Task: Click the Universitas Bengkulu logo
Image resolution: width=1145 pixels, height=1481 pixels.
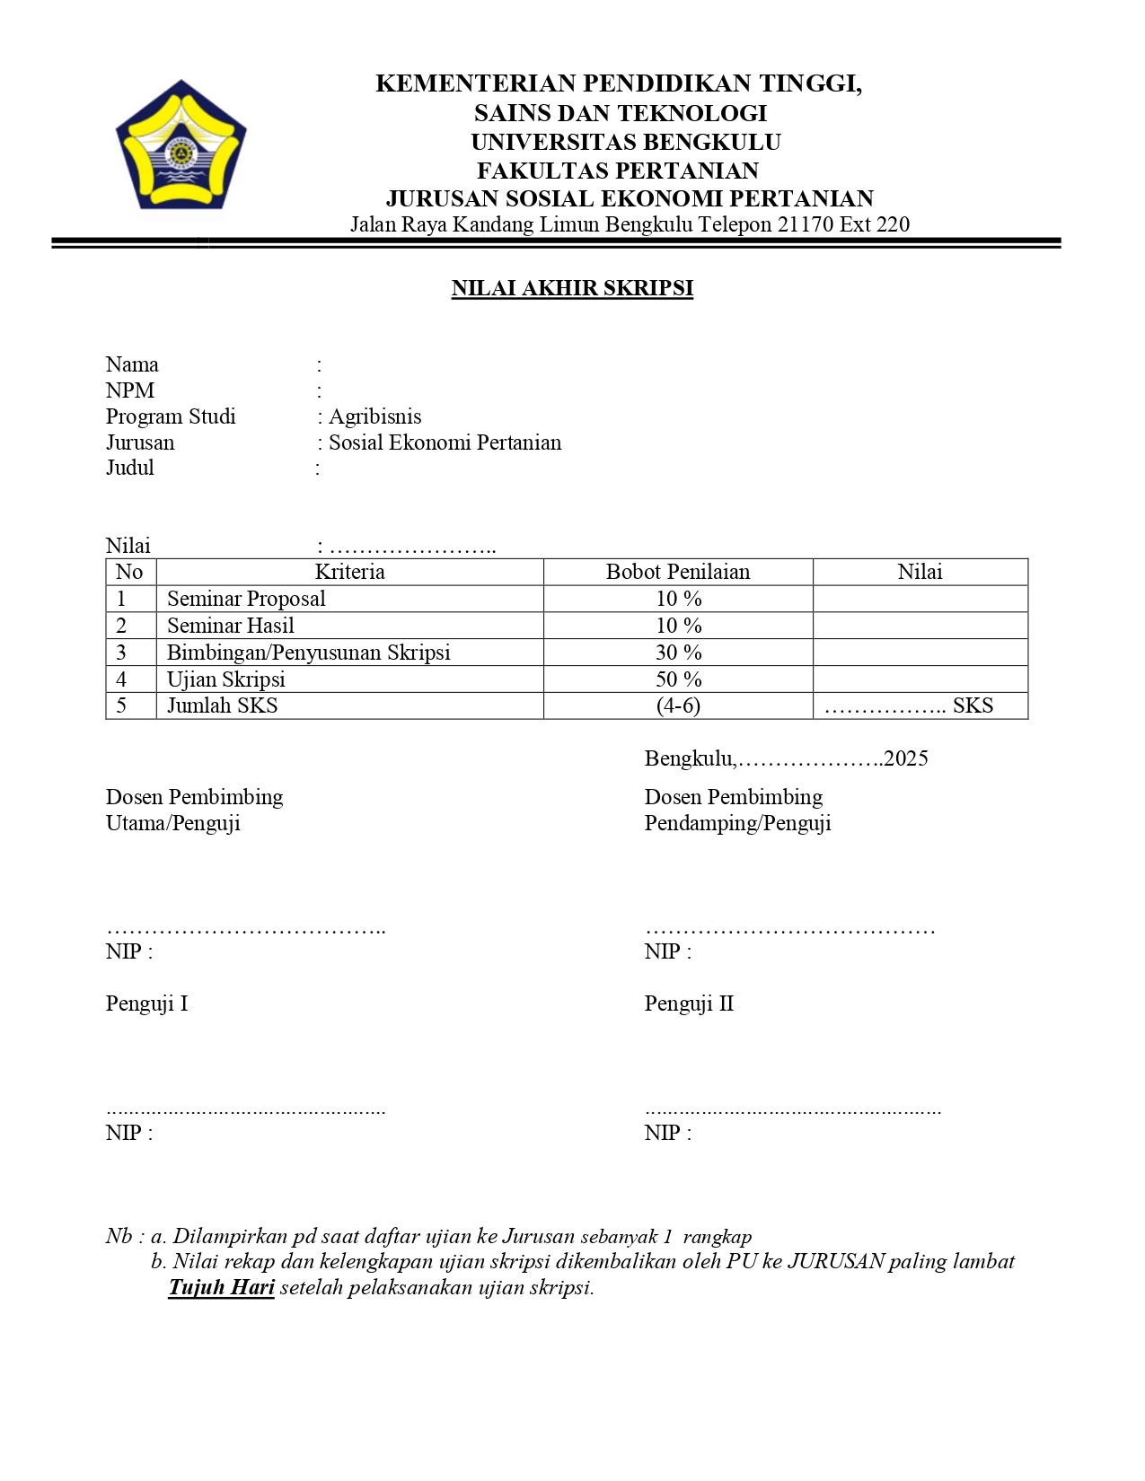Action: tap(181, 146)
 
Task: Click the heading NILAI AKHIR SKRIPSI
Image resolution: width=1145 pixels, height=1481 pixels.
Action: tap(572, 288)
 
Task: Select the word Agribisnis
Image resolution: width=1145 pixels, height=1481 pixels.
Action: tap(375, 416)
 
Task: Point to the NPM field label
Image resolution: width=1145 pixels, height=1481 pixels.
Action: tap(130, 390)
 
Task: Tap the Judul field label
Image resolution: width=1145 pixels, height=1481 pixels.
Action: tap(130, 468)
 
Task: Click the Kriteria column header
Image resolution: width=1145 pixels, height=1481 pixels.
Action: tap(349, 572)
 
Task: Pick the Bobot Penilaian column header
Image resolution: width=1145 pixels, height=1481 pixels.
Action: tap(677, 572)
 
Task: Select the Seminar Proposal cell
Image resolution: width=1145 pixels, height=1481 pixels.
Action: tap(246, 599)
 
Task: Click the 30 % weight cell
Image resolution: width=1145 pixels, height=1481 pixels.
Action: tap(678, 653)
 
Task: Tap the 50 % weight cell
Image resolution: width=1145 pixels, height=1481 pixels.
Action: tap(678, 679)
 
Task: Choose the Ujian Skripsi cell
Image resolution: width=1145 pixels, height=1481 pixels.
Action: tap(226, 679)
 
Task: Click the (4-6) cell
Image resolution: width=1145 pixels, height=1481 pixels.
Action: tap(678, 705)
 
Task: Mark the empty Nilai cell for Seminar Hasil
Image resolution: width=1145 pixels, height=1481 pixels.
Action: tap(920, 626)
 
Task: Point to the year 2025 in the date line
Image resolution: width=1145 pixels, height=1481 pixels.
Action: tap(905, 758)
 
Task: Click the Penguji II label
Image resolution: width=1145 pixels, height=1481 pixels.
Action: tap(689, 1003)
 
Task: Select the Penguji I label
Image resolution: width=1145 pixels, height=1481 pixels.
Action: tap(146, 1003)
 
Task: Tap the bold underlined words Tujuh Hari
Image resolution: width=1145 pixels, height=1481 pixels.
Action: tap(222, 1287)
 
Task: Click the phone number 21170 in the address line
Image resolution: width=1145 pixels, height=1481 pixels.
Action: tap(806, 224)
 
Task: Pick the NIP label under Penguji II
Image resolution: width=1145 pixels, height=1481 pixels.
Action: tap(667, 1133)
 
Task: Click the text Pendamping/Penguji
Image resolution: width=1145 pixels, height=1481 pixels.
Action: tap(737, 823)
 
